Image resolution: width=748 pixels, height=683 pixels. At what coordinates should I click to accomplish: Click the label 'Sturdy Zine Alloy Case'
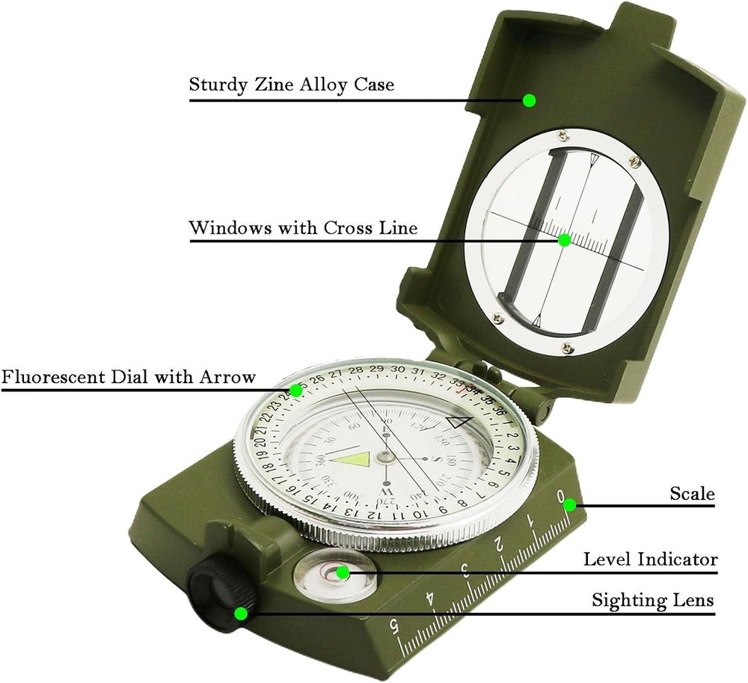click(x=291, y=85)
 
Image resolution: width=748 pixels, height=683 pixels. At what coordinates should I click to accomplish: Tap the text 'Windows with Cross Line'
click(x=303, y=227)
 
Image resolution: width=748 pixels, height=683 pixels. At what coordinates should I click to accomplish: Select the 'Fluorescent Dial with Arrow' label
click(x=128, y=376)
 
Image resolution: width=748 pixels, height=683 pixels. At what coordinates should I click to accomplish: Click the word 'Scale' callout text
click(x=692, y=494)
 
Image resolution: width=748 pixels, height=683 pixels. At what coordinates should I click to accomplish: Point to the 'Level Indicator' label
click(x=650, y=559)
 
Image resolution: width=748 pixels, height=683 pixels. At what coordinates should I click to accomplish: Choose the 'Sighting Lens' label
click(x=652, y=600)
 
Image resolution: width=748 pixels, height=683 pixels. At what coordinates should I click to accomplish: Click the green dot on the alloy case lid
click(x=530, y=100)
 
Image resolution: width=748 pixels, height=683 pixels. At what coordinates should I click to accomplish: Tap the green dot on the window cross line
click(x=565, y=240)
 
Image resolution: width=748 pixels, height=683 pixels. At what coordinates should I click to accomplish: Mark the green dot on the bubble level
click(x=343, y=573)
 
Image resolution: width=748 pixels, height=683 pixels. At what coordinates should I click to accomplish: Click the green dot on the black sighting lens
click(x=241, y=614)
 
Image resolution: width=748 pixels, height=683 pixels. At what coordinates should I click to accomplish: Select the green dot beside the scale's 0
click(x=570, y=504)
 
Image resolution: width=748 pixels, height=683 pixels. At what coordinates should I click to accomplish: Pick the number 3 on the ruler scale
click(x=465, y=573)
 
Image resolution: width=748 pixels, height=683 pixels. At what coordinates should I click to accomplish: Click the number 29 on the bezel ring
click(x=377, y=370)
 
